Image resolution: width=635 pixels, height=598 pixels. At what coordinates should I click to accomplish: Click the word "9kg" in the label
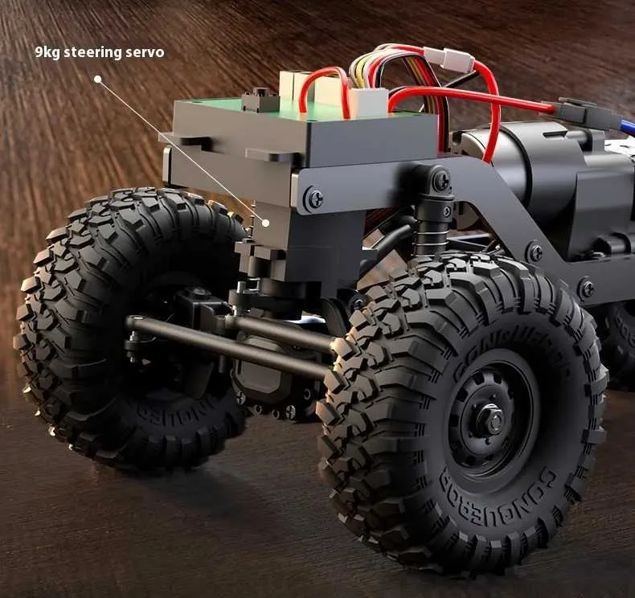coord(47,52)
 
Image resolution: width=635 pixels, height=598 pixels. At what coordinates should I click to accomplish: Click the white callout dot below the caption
coord(97,80)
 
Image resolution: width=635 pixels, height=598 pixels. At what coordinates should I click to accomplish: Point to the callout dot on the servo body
coord(266,223)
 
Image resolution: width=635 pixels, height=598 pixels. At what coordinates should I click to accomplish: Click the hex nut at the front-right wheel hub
coord(492,420)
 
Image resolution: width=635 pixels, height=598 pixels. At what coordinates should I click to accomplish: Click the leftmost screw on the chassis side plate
coord(314,199)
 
